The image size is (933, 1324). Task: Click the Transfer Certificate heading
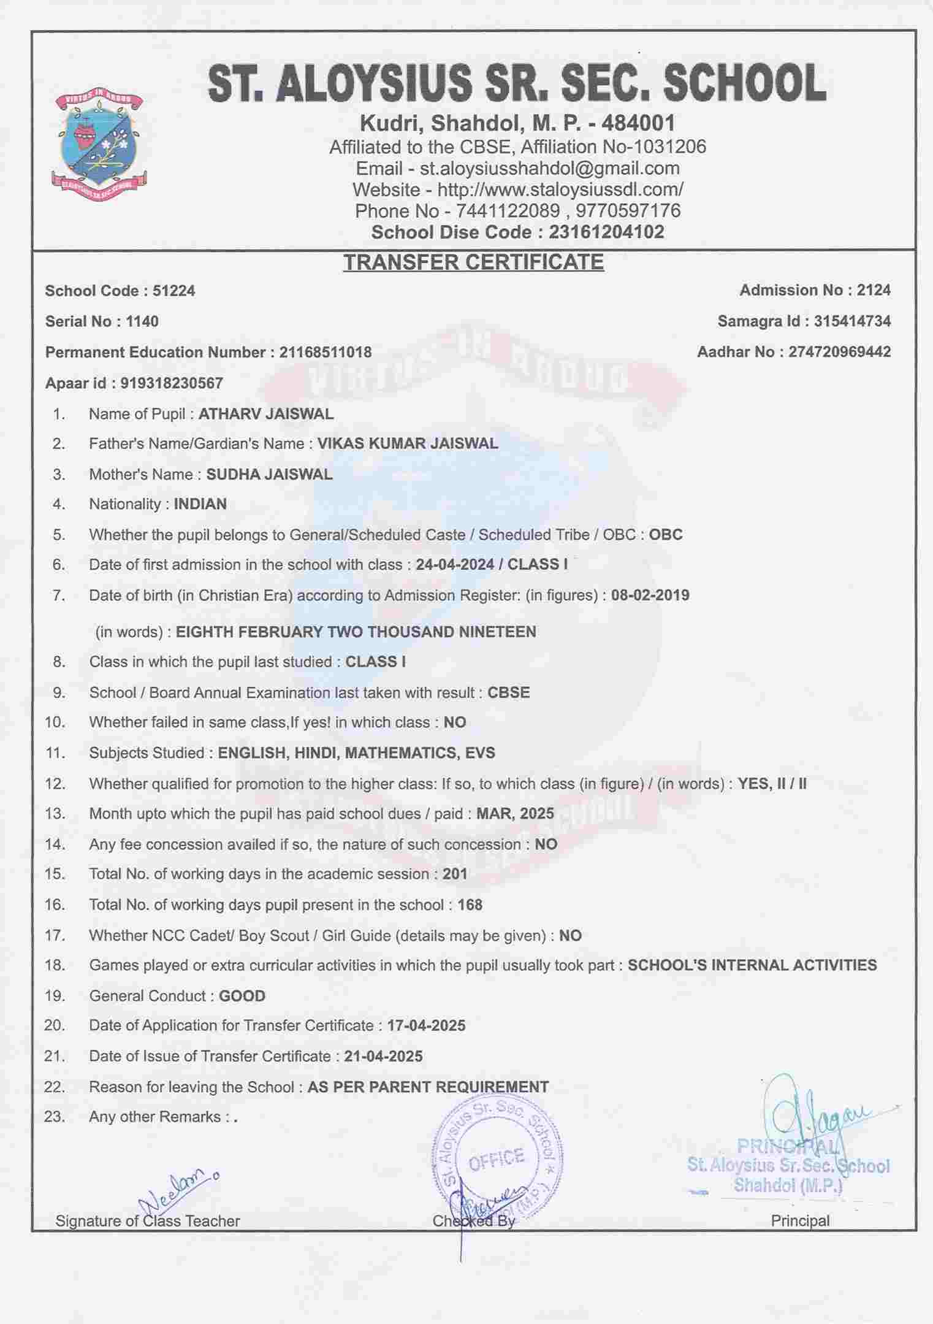[473, 262]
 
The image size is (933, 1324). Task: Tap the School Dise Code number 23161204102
[606, 232]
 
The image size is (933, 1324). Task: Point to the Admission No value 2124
[874, 291]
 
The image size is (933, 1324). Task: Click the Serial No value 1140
[142, 321]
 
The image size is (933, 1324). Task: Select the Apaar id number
[172, 383]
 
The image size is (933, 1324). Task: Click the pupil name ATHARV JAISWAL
[266, 414]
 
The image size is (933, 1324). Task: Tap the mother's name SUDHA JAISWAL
[269, 474]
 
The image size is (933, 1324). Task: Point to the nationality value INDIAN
[200, 504]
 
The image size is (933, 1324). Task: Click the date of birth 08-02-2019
[650, 595]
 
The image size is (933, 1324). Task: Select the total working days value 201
[455, 874]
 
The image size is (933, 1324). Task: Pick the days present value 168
[470, 905]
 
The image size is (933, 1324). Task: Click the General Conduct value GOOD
[242, 996]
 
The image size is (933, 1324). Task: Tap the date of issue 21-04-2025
[383, 1056]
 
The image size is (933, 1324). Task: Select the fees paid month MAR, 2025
[515, 814]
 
